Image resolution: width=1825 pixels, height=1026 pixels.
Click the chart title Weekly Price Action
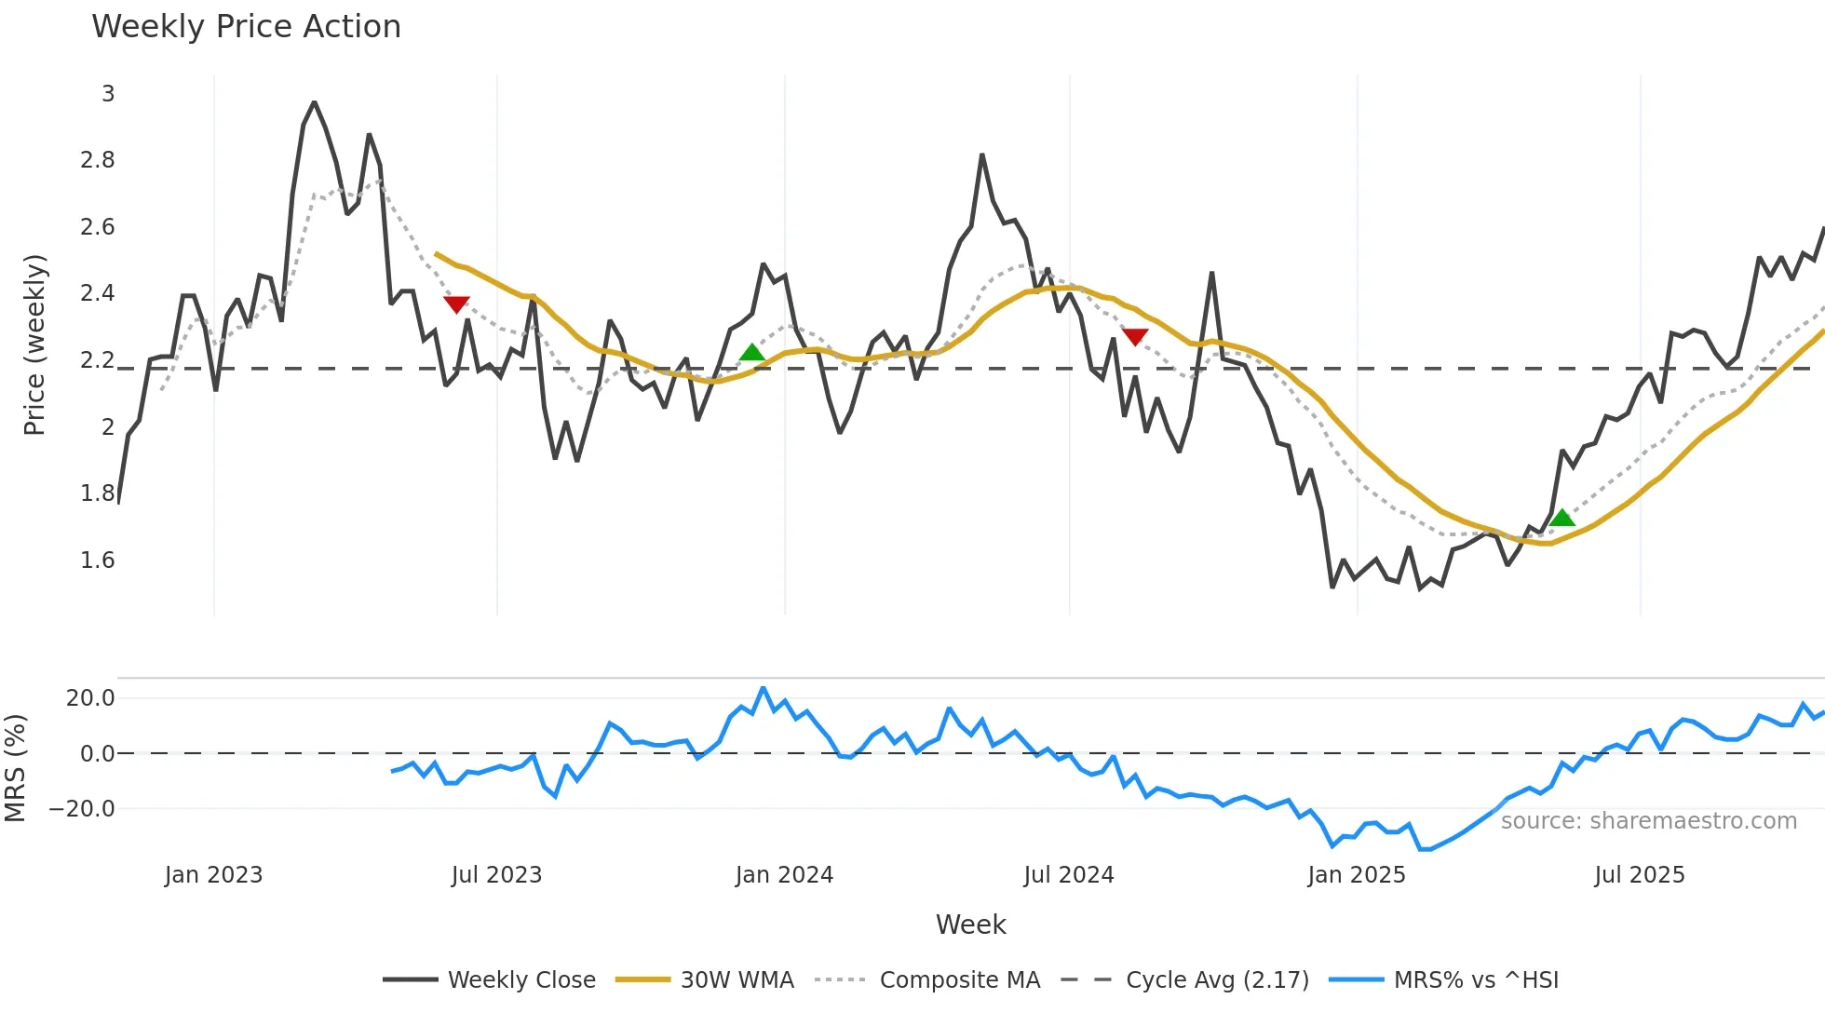point(246,27)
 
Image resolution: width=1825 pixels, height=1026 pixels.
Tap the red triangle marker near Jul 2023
point(456,304)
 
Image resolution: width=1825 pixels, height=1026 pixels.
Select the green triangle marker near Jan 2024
point(751,352)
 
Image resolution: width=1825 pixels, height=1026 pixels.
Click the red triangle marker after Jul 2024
point(1135,336)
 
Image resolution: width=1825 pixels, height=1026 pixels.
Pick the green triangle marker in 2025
point(1562,518)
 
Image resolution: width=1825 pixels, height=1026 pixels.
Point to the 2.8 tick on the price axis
point(98,160)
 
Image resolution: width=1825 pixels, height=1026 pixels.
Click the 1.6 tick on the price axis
point(98,560)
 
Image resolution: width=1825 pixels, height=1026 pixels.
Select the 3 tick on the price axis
point(108,94)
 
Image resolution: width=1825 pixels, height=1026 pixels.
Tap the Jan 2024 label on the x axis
point(784,875)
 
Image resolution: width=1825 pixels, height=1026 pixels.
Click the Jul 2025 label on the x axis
point(1640,875)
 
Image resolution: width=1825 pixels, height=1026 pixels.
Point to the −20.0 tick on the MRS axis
point(82,809)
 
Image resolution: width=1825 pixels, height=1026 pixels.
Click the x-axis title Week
point(970,925)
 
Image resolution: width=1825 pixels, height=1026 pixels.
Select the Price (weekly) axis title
point(34,344)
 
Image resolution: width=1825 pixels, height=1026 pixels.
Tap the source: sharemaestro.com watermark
point(1648,821)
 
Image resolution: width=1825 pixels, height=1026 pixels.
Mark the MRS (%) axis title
point(15,768)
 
